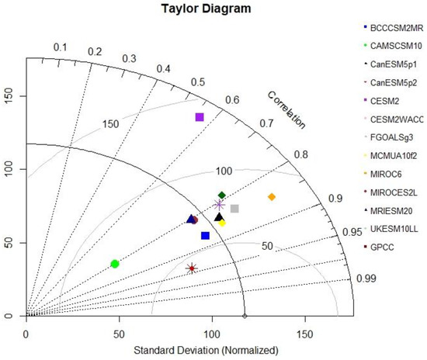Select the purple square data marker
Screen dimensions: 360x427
[x=200, y=117]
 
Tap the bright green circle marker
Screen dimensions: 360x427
[x=115, y=264]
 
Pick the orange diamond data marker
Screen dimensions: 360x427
[x=272, y=197]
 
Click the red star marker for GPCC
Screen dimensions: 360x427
[x=192, y=268]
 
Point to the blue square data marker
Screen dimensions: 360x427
[x=205, y=235]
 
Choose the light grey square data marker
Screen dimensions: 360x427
[x=234, y=209]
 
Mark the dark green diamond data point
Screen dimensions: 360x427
[x=222, y=195]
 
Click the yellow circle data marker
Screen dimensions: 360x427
[x=222, y=223]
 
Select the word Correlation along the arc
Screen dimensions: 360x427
[x=286, y=109]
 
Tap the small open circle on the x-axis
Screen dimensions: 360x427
[x=245, y=316]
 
